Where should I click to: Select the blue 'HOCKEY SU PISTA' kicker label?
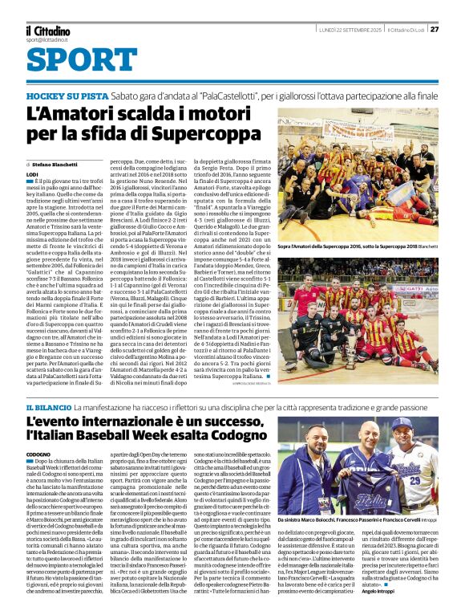(x=63, y=95)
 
